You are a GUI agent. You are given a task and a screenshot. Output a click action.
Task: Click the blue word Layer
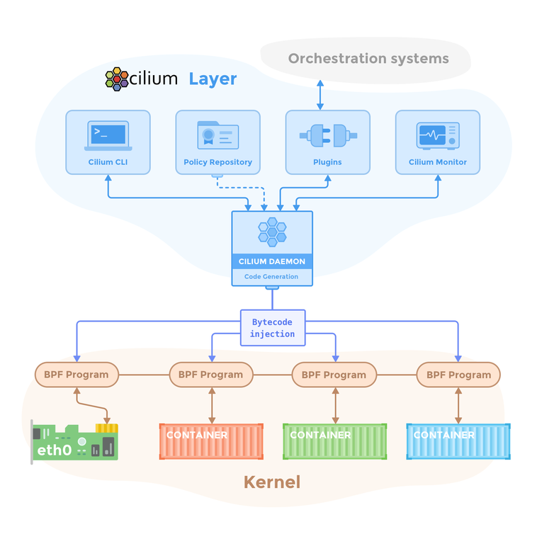213,78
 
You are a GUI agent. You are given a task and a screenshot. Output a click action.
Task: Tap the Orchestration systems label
368,58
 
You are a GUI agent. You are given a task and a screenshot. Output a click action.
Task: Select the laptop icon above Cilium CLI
108,135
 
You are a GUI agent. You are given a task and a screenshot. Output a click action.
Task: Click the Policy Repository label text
217,162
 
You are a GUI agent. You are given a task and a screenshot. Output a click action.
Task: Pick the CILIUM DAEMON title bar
272,261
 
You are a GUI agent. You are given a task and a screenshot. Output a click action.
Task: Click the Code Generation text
272,277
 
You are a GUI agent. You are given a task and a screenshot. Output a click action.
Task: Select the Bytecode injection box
273,328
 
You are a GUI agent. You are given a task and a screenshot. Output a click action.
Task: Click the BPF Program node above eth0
77,375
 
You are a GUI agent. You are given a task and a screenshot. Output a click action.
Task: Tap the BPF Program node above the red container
211,375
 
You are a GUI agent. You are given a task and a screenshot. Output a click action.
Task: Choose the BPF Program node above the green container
334,375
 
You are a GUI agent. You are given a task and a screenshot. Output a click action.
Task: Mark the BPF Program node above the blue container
458,375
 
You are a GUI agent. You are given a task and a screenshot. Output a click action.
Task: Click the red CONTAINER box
211,441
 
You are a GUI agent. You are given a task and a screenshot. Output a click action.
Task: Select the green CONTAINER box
334,441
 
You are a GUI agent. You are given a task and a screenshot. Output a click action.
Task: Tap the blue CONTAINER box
458,441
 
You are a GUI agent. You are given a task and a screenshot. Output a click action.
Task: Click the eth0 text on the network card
55,449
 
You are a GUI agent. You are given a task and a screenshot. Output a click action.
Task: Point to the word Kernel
272,482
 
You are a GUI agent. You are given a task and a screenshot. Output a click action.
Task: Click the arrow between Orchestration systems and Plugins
320,95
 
